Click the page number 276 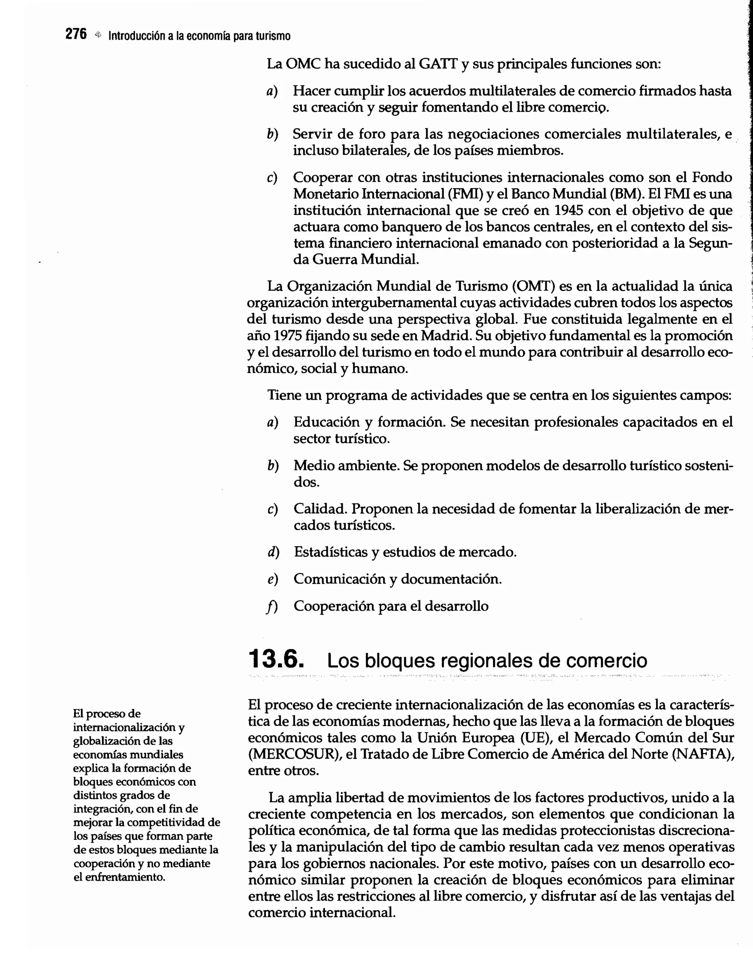tap(76, 35)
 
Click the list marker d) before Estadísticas tap(273, 552)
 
